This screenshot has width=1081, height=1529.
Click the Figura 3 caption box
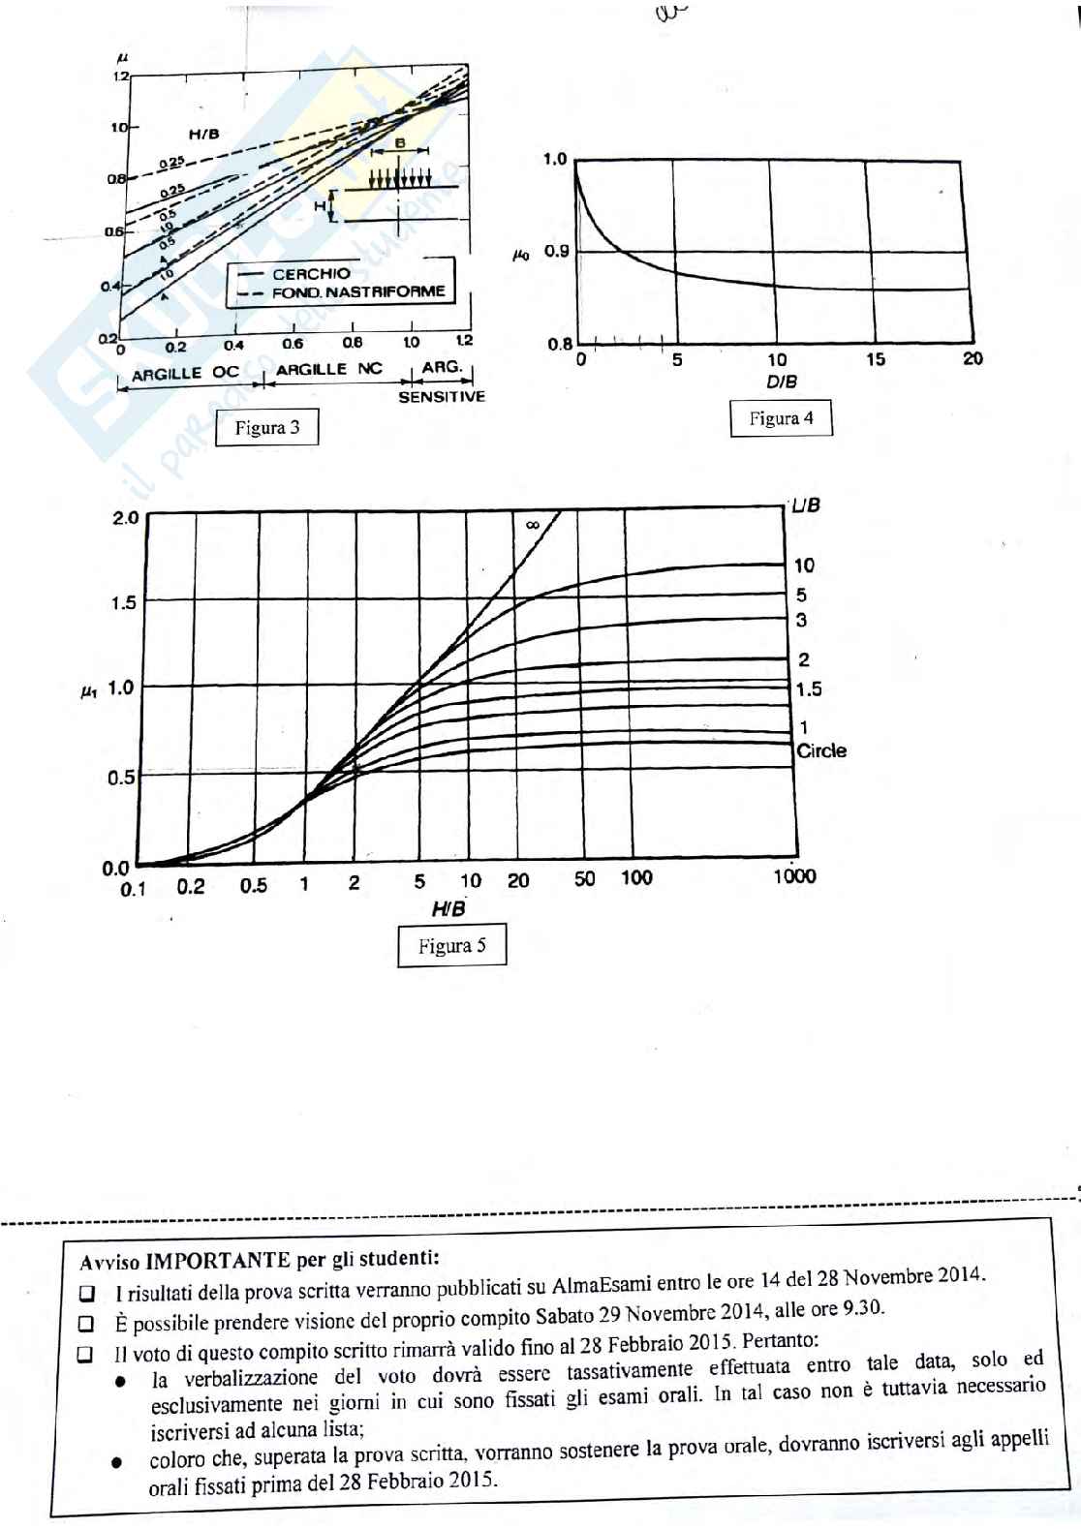(x=266, y=427)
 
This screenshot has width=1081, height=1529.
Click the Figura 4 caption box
(x=781, y=418)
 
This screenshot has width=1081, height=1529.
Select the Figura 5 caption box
(x=451, y=946)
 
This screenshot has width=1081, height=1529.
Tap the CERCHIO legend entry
(x=311, y=274)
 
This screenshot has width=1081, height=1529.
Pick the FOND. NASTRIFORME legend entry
(x=357, y=291)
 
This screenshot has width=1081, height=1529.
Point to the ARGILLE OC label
(x=185, y=373)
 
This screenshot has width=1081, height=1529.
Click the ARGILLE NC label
(x=329, y=369)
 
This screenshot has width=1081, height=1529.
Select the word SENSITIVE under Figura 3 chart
(x=442, y=397)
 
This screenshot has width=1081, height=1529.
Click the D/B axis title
(x=781, y=381)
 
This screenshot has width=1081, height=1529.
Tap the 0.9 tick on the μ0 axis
(x=556, y=252)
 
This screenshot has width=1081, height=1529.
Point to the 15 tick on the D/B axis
(x=875, y=359)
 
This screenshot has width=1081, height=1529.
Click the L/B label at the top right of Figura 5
(x=806, y=505)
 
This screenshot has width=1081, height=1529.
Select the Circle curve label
(x=820, y=750)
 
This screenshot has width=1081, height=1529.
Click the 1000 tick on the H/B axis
(x=794, y=876)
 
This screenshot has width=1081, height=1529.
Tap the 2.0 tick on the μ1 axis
(x=126, y=518)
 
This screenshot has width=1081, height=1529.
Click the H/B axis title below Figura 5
(x=448, y=908)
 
